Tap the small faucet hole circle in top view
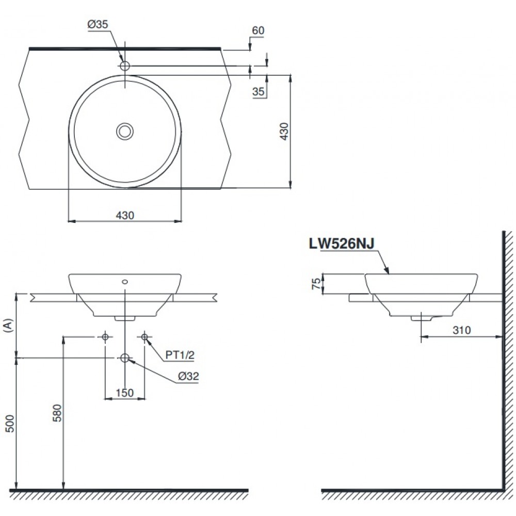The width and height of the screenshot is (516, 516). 125,66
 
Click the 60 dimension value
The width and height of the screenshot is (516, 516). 258,30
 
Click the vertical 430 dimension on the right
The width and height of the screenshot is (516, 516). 283,132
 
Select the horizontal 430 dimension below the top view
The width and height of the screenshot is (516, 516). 125,215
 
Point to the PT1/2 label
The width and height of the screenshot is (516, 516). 180,354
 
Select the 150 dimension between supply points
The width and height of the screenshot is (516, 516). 125,393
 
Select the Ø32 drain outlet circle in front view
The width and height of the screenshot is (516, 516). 125,358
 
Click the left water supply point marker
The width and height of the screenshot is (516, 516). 105,337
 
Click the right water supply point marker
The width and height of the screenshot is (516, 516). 144,337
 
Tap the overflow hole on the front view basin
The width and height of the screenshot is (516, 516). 125,282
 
